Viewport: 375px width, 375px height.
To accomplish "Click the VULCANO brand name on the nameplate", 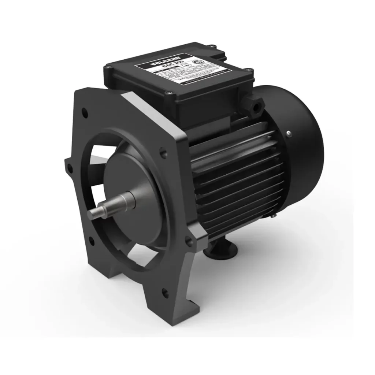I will (152, 66).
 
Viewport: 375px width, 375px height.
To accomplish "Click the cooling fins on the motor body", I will (234, 183).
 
